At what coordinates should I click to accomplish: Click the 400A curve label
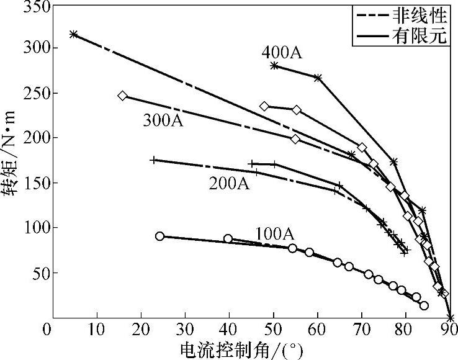[282, 52]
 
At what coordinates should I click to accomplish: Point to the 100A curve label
[274, 234]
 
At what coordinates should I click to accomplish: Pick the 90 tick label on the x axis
[450, 329]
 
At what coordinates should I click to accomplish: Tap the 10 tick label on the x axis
[97, 329]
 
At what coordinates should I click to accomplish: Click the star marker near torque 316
[74, 34]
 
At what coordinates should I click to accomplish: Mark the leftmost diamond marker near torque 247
[122, 96]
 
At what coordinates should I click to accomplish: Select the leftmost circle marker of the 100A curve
[160, 236]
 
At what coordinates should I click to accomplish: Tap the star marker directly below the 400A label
[274, 65]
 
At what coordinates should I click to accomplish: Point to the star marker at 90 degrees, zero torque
[450, 318]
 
